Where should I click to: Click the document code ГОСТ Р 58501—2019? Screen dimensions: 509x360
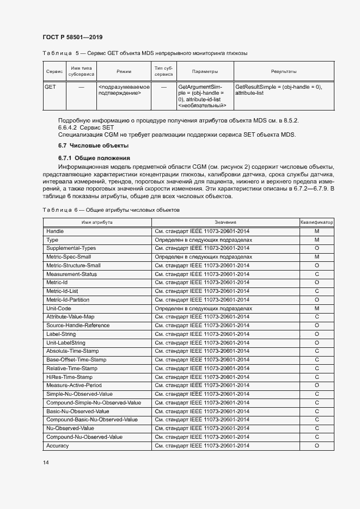click(72, 37)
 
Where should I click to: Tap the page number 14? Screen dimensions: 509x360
click(45, 462)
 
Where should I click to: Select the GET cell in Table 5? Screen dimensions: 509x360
click(50, 87)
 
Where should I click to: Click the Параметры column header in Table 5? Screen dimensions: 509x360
click(205, 71)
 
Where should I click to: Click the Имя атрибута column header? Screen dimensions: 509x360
click(97, 222)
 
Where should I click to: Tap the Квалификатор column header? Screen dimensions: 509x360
click(316, 222)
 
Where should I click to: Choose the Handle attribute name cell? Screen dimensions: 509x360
click(55, 231)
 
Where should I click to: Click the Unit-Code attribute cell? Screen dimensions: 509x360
click(59, 308)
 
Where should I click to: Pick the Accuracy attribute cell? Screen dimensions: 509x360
click(58, 446)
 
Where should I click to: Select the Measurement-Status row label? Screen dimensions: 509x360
click(71, 274)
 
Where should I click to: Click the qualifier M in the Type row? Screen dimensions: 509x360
click(316, 240)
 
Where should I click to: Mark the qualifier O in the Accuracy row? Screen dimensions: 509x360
click(316, 446)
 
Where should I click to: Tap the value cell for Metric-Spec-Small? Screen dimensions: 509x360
click(204, 256)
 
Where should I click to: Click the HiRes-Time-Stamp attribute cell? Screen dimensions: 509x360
click(69, 377)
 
